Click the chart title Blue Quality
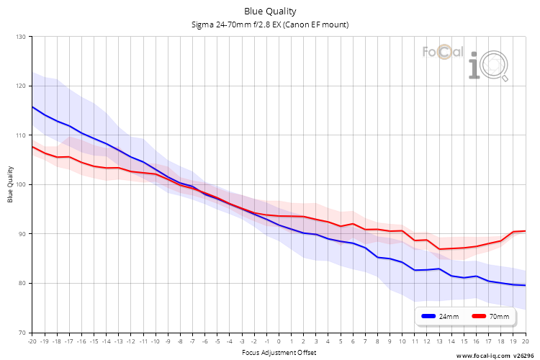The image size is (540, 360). click(270, 12)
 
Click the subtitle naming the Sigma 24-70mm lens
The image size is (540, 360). click(270, 24)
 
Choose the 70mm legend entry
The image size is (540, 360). click(490, 316)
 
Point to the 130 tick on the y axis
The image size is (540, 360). click(21, 37)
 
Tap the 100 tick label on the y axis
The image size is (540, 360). click(21, 184)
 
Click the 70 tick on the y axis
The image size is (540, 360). click(22, 333)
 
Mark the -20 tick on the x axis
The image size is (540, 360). click(32, 341)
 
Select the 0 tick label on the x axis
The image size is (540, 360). click(279, 341)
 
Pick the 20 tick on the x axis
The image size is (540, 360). click(526, 341)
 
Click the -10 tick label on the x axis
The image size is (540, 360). click(156, 341)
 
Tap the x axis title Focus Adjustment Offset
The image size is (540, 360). click(279, 352)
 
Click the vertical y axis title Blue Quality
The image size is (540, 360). click(10, 184)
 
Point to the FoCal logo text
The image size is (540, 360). click(443, 52)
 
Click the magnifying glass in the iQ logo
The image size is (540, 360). click(495, 66)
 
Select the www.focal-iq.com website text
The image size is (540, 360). click(483, 356)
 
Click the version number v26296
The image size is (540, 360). click(524, 356)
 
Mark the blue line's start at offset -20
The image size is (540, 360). click(32, 107)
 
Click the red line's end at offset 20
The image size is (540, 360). click(526, 231)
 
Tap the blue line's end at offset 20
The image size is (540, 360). click(526, 285)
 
